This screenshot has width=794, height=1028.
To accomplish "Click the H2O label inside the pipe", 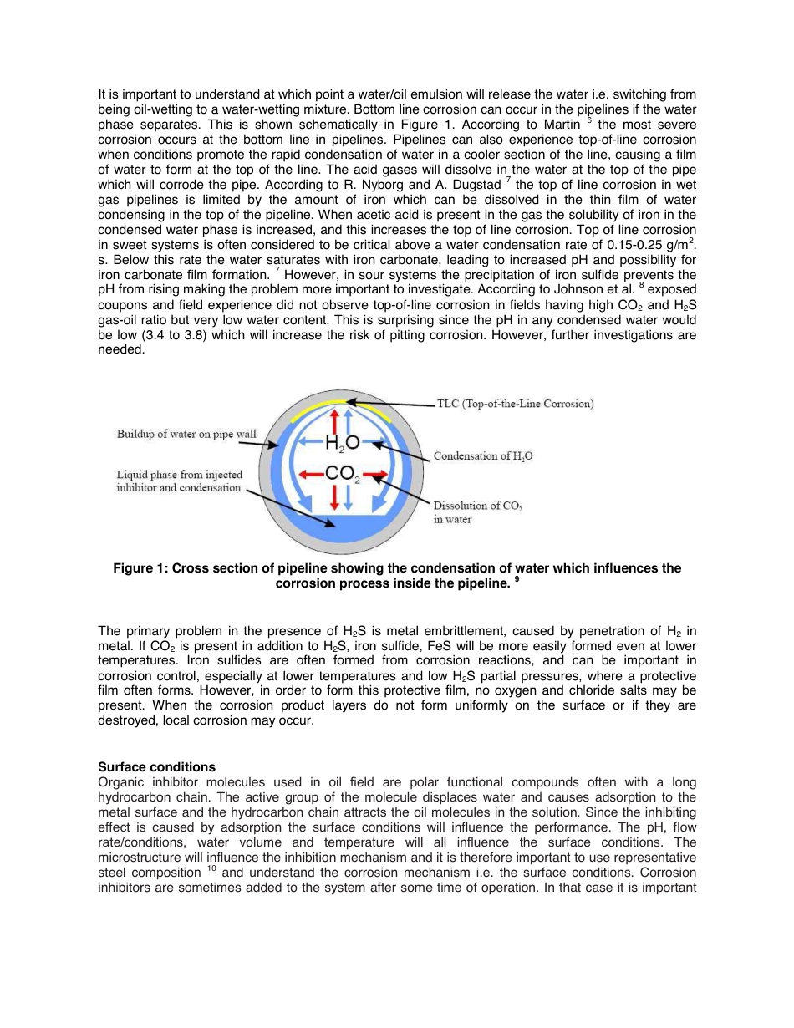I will click(x=342, y=443).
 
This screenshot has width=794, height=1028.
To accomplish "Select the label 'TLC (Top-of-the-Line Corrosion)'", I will click(x=515, y=404).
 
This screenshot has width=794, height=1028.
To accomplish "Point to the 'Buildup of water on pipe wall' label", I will click(x=186, y=434).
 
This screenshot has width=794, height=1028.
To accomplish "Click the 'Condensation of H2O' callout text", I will click(x=483, y=456).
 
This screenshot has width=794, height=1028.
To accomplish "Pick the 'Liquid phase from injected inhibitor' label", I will click(x=179, y=481).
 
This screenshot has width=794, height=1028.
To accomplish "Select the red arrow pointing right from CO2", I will click(x=375, y=476).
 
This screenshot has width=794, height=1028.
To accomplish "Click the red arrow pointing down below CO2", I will click(x=335, y=496).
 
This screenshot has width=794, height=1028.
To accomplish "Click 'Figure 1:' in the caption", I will click(x=140, y=568).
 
